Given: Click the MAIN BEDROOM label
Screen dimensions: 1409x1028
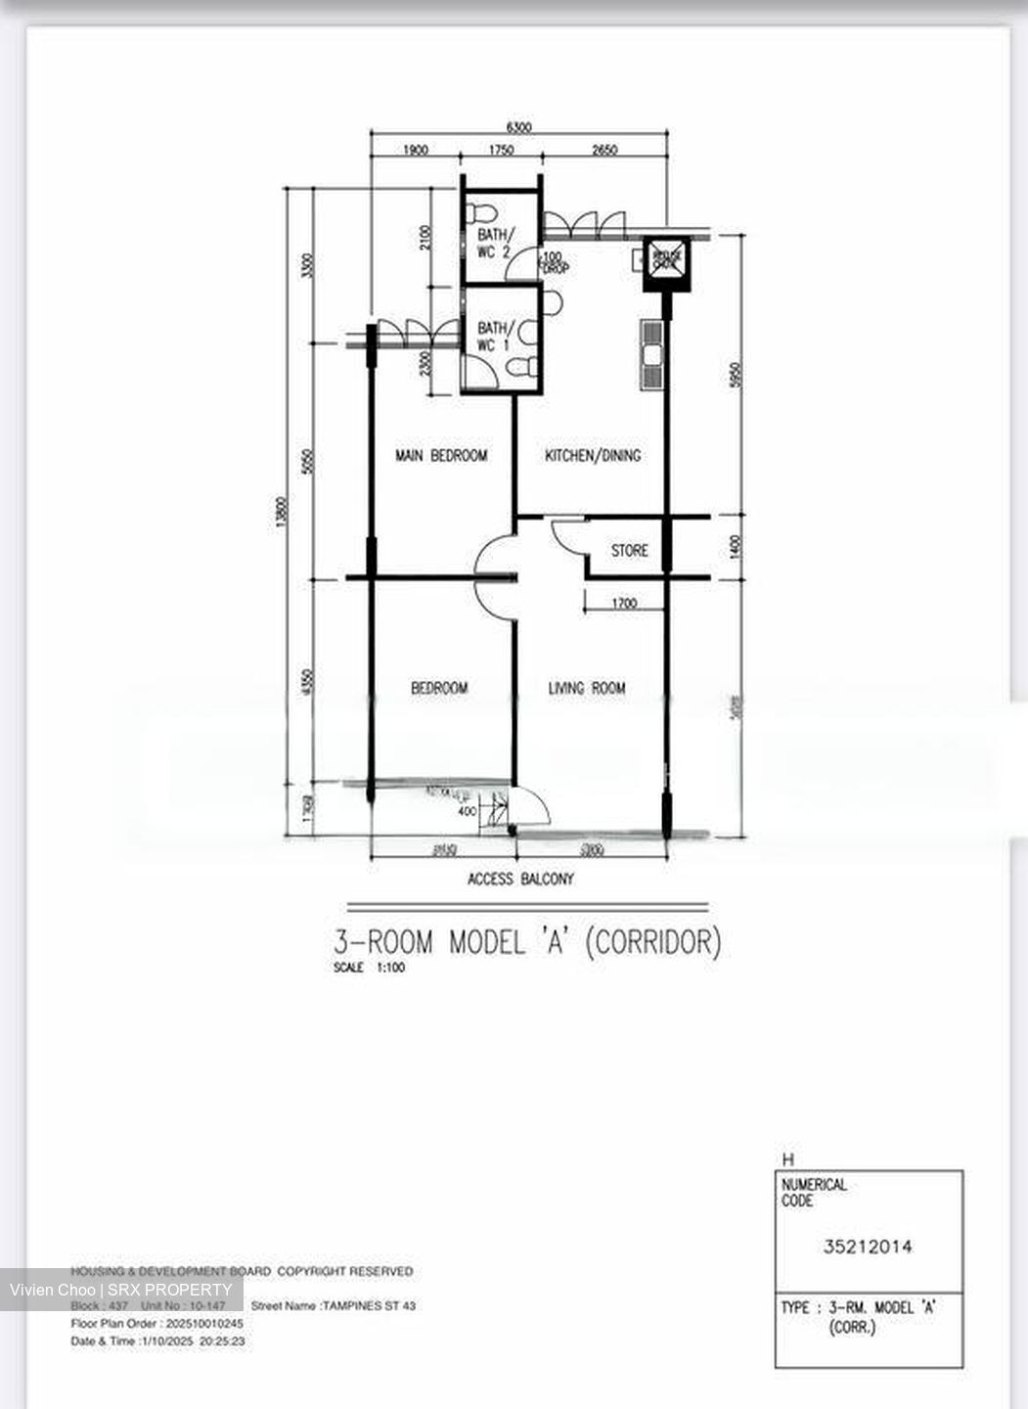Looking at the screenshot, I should (440, 455).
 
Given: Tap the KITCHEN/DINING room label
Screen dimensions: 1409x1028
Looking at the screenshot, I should (593, 455).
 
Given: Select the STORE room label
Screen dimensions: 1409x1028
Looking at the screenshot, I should (629, 551).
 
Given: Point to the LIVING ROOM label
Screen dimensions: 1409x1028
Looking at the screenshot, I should (586, 688).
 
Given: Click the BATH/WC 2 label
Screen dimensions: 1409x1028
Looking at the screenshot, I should (494, 243).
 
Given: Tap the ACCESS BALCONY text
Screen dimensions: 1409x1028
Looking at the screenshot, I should (520, 879).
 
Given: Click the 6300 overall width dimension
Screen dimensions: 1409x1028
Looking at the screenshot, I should (518, 127).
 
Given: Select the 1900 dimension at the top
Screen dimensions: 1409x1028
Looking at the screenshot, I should (415, 150).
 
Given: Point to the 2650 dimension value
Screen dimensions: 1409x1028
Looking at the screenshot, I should (603, 150).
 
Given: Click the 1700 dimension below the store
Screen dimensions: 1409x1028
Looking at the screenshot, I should (624, 604).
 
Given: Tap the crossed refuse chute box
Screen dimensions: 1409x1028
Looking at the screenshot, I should (666, 258).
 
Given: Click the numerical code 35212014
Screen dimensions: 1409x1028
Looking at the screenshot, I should (868, 1247).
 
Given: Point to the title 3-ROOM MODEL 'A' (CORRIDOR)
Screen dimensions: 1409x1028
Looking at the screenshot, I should (527, 942).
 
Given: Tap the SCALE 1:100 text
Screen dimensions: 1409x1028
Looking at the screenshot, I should (369, 968).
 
